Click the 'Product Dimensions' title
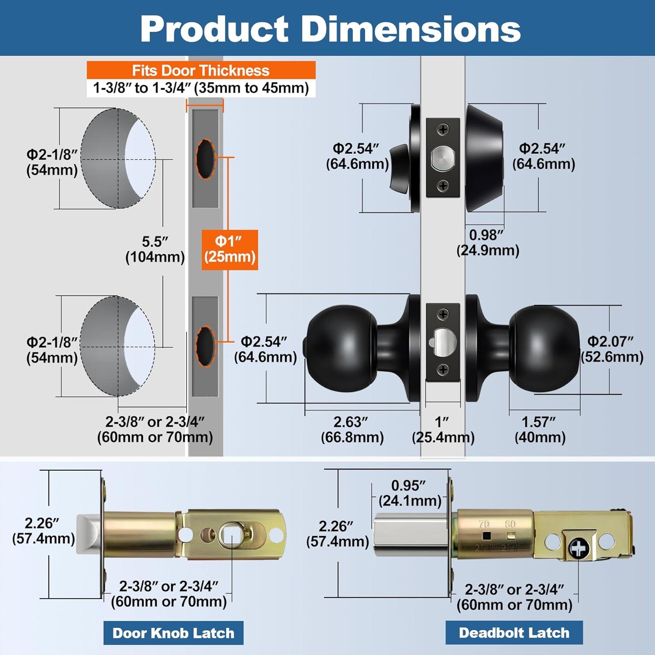click(330, 29)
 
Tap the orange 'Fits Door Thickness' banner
click(201, 70)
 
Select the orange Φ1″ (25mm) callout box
click(230, 249)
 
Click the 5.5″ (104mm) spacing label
click(155, 249)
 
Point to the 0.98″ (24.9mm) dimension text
click(487, 243)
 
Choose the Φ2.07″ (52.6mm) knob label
click(611, 349)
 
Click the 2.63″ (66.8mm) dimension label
click(352, 430)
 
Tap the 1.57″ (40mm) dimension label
click(540, 430)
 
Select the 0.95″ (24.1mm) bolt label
click(410, 493)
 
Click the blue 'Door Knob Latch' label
click(173, 633)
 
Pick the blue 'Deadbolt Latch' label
click(514, 632)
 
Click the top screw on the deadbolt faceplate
click(443, 129)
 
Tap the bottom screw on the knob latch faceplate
click(443, 369)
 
